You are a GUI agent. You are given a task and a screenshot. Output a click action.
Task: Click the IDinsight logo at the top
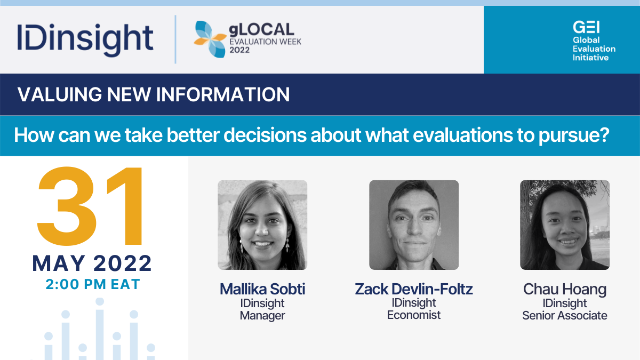pos(85,39)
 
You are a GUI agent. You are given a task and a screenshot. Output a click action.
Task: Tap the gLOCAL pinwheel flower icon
pos(211,39)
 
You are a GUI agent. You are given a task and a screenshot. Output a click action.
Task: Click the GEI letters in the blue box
pos(586,27)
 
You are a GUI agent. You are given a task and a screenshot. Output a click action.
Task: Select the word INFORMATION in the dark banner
pos(223,94)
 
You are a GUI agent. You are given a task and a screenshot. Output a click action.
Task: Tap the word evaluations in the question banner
pos(463,135)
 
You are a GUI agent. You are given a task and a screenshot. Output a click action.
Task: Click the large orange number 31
pos(90,206)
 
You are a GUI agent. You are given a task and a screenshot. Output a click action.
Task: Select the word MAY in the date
pos(59,263)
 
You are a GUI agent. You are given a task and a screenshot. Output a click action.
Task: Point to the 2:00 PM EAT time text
pos(93,284)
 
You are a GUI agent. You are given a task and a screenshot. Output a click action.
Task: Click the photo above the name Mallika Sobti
pos(262,225)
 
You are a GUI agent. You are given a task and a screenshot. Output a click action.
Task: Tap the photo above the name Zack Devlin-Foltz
pos(414,225)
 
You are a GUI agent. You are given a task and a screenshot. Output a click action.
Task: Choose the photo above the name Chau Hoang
pos(565,225)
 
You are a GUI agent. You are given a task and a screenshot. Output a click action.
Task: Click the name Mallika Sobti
pos(262,289)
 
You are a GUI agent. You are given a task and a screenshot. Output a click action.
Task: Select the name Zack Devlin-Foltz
pos(414,289)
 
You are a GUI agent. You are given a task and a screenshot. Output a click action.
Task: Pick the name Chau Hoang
pos(565,289)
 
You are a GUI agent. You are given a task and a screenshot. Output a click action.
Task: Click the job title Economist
pos(414,315)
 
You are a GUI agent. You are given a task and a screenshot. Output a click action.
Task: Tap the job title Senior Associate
pos(565,315)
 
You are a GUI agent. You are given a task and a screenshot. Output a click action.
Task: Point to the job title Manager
pos(262,316)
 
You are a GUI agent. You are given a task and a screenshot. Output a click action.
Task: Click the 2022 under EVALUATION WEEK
pos(239,50)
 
